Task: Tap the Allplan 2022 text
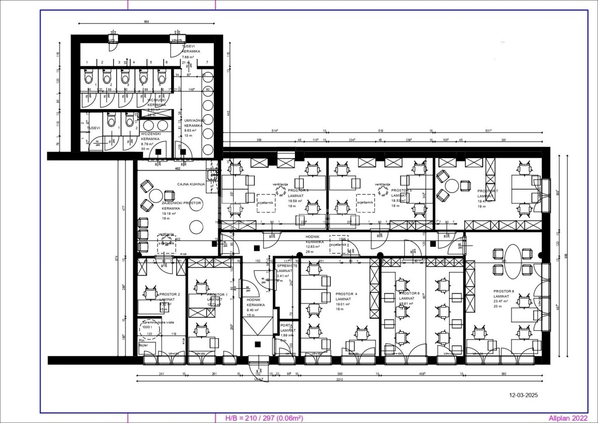click(568, 418)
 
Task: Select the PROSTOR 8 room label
click(504, 291)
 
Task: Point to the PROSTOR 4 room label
click(346, 294)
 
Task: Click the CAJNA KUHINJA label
click(191, 184)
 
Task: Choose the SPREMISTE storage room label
click(287, 265)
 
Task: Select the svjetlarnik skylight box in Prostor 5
click(366, 201)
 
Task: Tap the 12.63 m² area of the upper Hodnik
click(314, 246)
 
